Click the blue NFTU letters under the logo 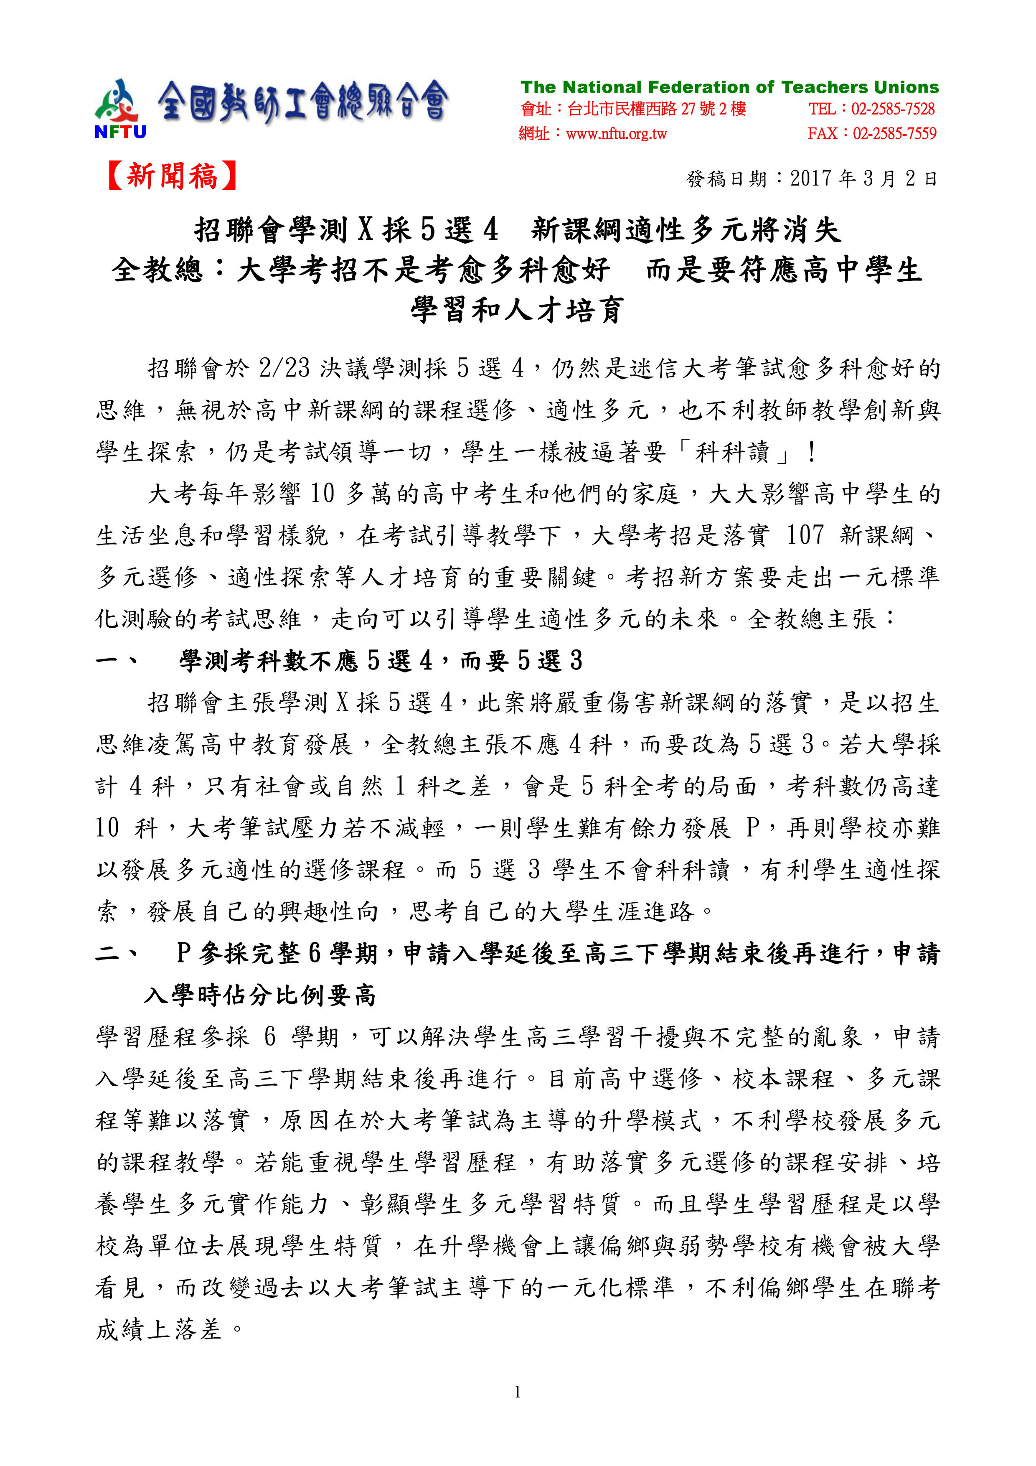pos(120,132)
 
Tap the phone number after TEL pos(892,109)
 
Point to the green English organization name pos(729,87)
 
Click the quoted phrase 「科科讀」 pos(732,452)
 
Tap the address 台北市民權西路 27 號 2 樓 pos(656,109)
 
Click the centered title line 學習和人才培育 pos(517,311)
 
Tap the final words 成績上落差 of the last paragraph pos(158,1330)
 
